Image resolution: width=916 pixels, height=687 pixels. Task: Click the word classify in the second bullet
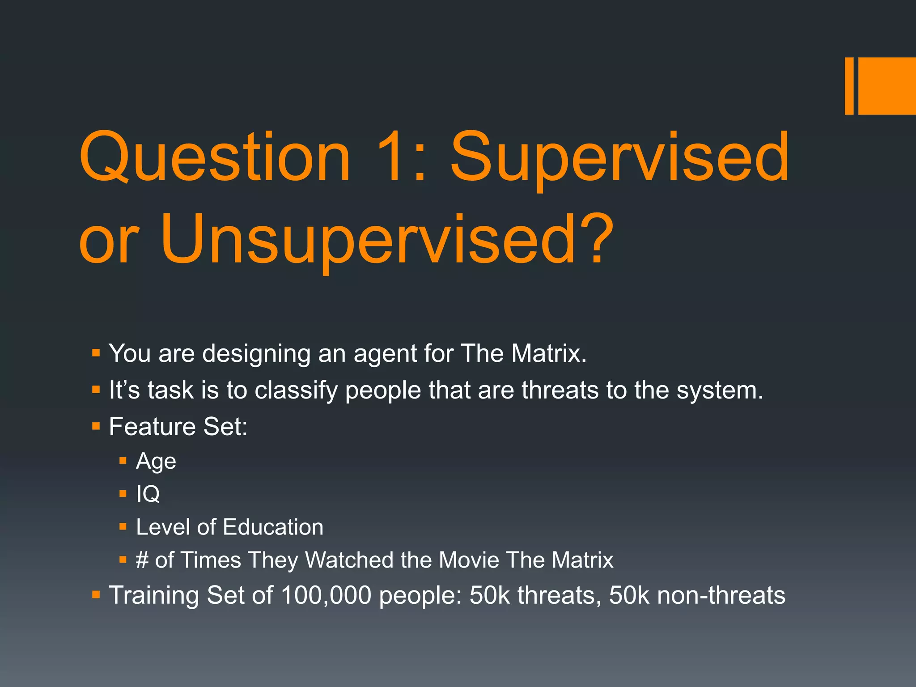tap(296, 390)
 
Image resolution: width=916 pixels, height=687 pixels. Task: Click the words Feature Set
tap(178, 426)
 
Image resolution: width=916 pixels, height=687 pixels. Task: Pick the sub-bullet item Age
tap(156, 461)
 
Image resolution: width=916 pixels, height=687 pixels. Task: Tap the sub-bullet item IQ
tap(148, 494)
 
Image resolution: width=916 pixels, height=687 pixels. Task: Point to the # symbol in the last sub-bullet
tap(142, 560)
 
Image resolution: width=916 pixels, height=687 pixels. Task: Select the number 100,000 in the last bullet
tap(326, 595)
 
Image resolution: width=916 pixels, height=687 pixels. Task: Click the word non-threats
tap(721, 595)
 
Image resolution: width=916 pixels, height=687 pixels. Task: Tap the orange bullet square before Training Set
tap(96, 595)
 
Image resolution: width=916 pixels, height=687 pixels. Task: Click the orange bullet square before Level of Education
tap(123, 527)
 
